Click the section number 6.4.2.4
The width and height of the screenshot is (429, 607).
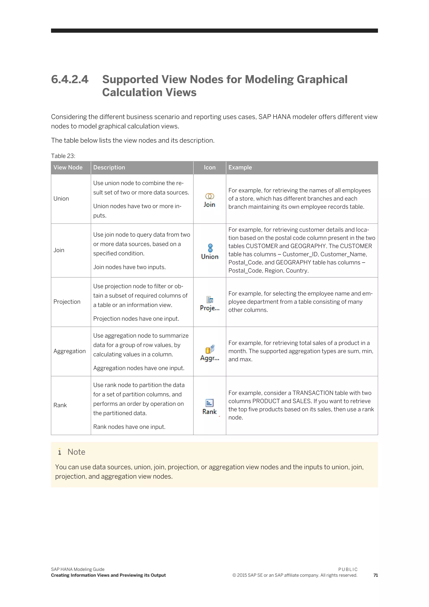click(70, 79)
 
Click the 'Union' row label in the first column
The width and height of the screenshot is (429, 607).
click(61, 198)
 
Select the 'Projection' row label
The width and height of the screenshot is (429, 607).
click(67, 302)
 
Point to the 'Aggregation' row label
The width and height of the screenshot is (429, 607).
click(70, 351)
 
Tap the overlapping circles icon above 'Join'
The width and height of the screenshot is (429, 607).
click(210, 196)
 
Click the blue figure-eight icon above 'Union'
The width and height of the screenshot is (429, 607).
click(210, 248)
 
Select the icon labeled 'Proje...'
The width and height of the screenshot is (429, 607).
click(210, 300)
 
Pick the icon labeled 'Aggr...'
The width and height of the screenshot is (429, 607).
click(210, 349)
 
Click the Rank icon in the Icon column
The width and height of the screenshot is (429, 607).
click(209, 403)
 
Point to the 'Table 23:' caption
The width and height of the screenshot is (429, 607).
click(63, 156)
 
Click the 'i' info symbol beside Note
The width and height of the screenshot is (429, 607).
click(60, 452)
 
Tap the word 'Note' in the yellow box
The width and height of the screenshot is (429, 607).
click(76, 452)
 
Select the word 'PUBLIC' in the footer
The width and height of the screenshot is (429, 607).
click(348, 569)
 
